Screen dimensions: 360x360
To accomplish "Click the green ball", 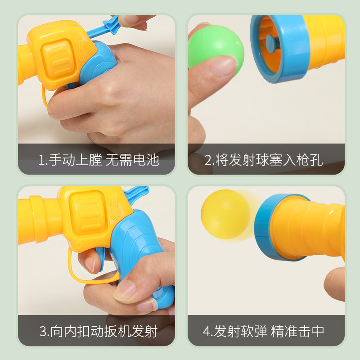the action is (216, 49).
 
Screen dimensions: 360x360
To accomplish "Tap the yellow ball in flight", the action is (226, 214).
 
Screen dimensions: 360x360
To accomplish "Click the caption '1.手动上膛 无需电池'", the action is (99, 160).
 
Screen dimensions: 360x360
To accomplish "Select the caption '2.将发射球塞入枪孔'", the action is (264, 160).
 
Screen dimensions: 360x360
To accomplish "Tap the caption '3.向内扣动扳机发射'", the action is (98, 331).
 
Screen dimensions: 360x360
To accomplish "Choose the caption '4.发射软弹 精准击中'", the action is (264, 331).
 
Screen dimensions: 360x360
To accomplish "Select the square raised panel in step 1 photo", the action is (58, 59).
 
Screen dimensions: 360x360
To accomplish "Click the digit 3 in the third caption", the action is (43, 331).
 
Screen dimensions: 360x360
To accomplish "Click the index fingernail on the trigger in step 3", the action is (90, 264).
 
